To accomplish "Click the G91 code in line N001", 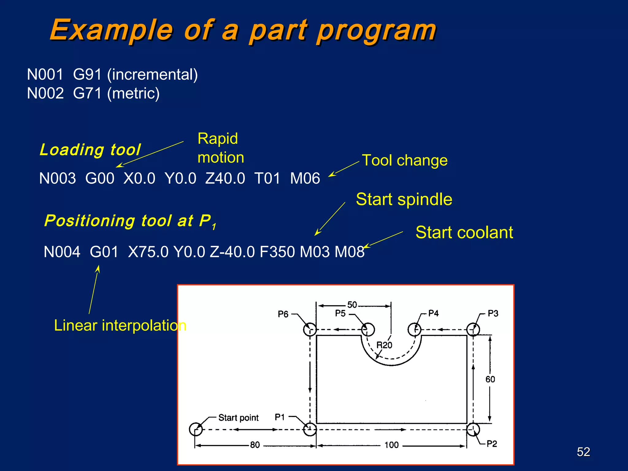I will coord(87,75).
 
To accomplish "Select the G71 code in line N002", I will coord(87,93).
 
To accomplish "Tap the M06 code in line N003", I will coord(305,178).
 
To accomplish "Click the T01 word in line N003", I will coord(267,178).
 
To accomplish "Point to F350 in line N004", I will coord(277,252).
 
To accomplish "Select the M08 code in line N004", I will coord(349,252).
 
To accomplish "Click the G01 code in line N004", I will coord(104,252).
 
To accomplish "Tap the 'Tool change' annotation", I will coord(405,160).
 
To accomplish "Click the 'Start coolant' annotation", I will coord(464,232).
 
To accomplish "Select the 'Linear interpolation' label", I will coord(120,325).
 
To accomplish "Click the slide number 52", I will coord(583,452).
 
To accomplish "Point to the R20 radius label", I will coord(384,345).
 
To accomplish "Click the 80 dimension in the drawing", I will coord(255,445).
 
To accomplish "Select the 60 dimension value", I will coord(490,379).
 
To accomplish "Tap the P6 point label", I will coord(283,314).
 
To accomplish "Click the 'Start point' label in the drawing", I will coord(238,418).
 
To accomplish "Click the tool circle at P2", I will coord(473,430).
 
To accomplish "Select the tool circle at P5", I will coord(368,330).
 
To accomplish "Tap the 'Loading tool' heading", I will coord(90,150).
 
